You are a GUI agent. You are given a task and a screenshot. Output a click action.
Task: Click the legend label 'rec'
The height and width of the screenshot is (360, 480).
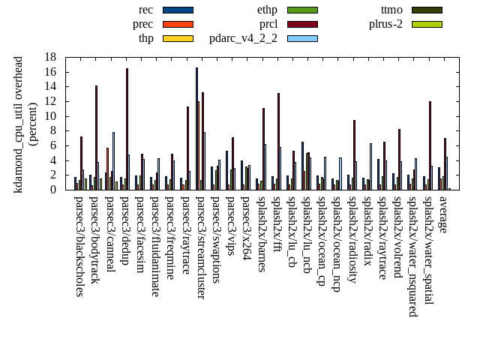(x=146, y=10)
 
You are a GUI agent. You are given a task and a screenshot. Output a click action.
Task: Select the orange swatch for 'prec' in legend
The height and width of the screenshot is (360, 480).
(x=178, y=24)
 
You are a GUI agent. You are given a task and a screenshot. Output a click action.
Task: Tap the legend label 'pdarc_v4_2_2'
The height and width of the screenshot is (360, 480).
(x=243, y=38)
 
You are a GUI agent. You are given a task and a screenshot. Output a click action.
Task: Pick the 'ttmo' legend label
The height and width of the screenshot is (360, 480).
(x=391, y=10)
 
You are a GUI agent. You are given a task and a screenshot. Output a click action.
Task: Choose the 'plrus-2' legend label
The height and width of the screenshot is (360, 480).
(x=385, y=24)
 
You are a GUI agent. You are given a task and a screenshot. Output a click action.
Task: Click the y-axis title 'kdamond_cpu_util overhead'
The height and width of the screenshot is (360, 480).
(x=19, y=124)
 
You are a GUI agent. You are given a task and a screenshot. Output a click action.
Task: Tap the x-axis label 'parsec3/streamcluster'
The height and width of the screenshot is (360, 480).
(x=201, y=247)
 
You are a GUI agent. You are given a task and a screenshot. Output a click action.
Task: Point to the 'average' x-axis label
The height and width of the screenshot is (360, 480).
(x=442, y=214)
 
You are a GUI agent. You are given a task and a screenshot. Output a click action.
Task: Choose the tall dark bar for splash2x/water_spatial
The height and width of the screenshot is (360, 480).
(x=430, y=145)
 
